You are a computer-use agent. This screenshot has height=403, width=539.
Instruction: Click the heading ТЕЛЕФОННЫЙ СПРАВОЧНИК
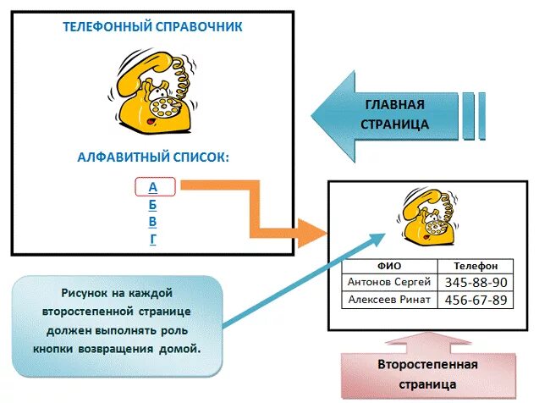152,27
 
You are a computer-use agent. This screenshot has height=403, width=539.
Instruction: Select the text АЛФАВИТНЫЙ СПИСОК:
152,157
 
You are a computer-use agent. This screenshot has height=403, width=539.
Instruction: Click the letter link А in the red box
153,186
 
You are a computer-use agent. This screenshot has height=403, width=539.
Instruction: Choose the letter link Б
153,204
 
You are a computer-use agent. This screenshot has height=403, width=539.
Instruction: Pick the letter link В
153,222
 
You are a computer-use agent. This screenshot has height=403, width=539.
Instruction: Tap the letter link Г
153,239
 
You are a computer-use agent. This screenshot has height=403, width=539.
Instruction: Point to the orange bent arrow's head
316,229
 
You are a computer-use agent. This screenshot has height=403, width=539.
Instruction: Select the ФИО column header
388,266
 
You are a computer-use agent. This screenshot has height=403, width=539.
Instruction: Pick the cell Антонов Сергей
388,282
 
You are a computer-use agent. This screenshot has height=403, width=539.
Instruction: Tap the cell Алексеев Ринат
388,300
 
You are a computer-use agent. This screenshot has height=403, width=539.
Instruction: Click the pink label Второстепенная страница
427,373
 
